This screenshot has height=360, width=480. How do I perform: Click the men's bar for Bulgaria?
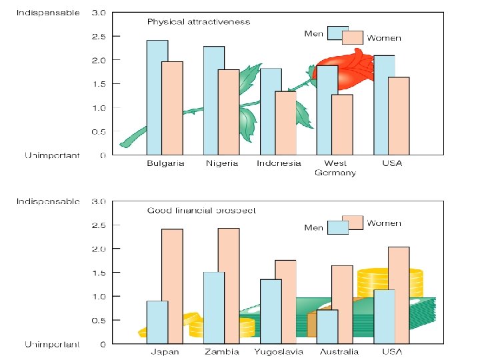tap(157, 97)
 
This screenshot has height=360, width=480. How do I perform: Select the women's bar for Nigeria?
tap(228, 112)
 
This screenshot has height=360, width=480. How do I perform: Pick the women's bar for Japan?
tap(172, 287)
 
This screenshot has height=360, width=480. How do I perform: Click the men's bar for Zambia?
tap(213, 308)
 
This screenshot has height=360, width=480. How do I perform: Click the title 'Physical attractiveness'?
tap(198, 21)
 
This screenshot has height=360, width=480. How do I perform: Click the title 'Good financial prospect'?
tap(201, 210)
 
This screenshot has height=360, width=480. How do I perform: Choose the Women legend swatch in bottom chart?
tap(353, 222)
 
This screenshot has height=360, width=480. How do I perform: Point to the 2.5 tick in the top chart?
tap(97, 36)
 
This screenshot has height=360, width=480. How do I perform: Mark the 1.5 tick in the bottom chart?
tap(97, 273)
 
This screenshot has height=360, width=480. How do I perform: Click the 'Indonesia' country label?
tap(279, 163)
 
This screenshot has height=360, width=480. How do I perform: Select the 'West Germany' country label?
tap(335, 168)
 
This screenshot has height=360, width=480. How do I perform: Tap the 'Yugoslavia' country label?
tap(279, 352)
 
